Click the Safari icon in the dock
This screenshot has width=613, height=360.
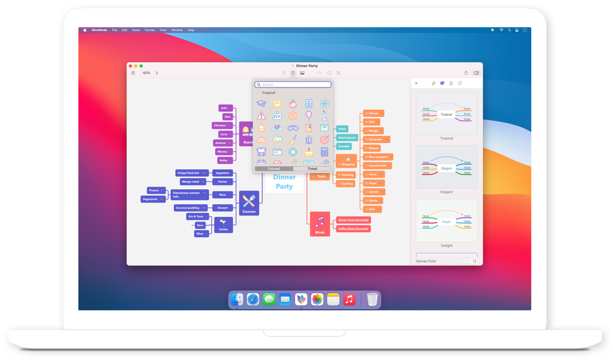click(x=253, y=299)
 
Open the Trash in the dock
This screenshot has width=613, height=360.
click(x=372, y=299)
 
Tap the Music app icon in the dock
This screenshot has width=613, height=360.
click(x=349, y=299)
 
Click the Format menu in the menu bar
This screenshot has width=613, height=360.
click(x=150, y=30)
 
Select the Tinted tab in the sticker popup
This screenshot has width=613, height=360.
click(x=312, y=169)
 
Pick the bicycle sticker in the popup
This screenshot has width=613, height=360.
click(x=277, y=128)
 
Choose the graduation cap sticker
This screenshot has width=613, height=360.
click(x=262, y=104)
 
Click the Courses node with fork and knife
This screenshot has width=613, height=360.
click(x=249, y=203)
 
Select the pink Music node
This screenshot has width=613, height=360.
click(x=320, y=224)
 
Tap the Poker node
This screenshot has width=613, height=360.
click(x=342, y=129)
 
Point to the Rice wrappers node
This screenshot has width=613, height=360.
click(x=378, y=157)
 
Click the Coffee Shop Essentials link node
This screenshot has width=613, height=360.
click(x=353, y=229)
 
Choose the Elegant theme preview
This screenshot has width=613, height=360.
click(x=446, y=167)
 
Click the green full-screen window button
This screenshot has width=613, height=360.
click(x=141, y=66)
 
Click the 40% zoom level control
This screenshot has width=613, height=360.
click(x=149, y=73)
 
